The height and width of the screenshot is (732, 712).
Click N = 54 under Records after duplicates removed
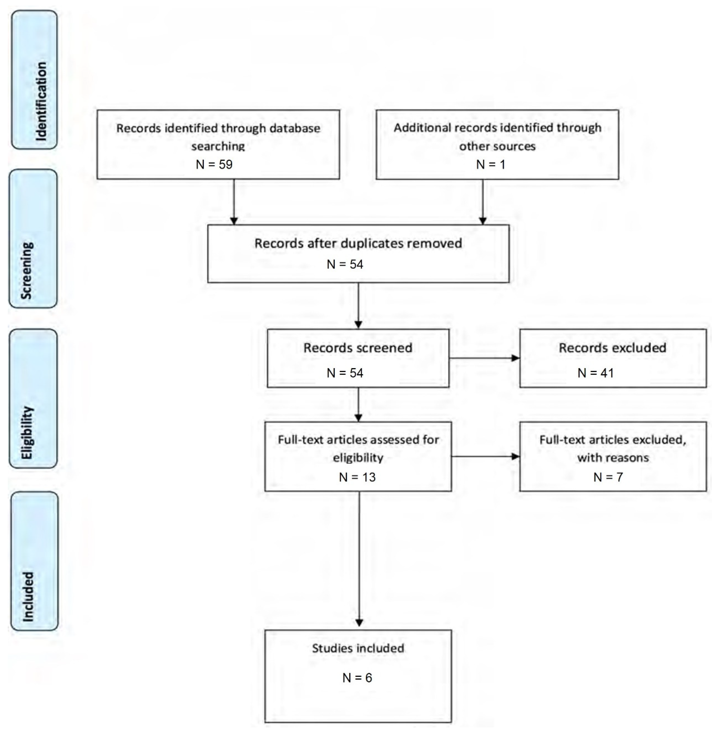click(345, 264)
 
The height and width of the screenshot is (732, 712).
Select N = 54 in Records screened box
click(345, 373)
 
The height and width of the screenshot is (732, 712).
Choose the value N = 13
click(357, 477)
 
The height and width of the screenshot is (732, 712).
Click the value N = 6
click(357, 678)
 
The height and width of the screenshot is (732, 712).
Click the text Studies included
click(358, 648)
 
